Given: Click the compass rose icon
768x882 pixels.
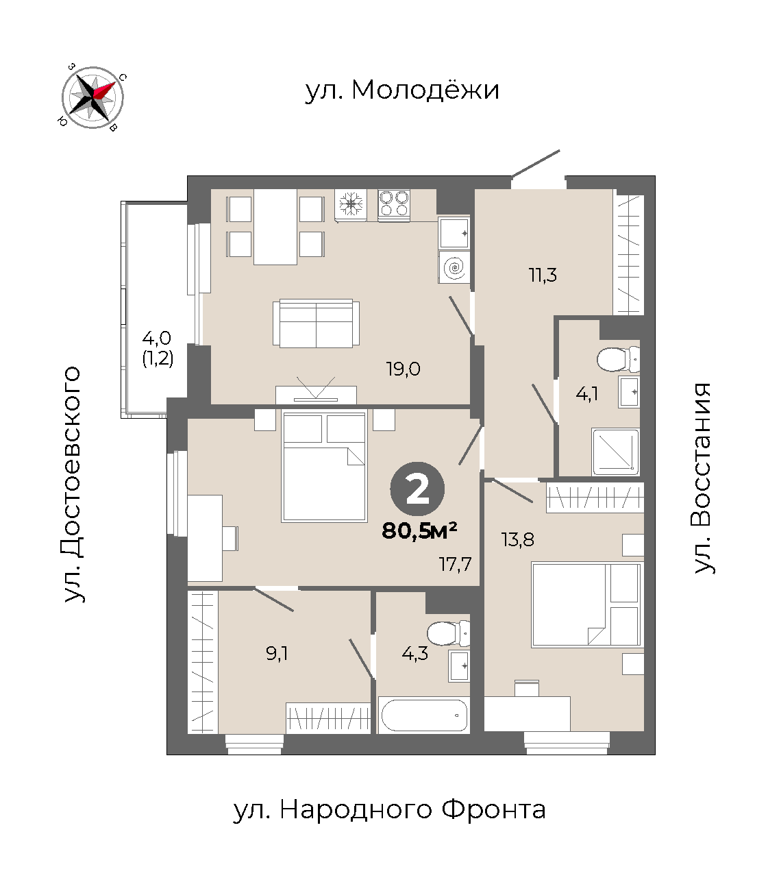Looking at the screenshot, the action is tap(92, 97).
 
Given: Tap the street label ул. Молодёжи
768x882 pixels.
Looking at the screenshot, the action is tap(402, 90).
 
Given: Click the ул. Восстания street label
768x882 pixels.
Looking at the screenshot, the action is tap(701, 478).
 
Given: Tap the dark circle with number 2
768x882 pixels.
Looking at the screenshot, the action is tap(417, 489).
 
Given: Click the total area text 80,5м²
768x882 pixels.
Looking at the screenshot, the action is tap(419, 530).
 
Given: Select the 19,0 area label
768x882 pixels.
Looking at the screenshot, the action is tap(403, 369).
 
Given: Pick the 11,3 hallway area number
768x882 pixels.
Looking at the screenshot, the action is tap(543, 275).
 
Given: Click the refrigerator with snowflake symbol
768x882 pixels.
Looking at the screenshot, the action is tap(351, 205).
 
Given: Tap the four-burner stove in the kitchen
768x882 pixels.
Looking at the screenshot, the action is tap(394, 205).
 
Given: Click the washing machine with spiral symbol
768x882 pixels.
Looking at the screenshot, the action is tap(454, 267).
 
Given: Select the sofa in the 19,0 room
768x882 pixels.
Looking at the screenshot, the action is tap(316, 323).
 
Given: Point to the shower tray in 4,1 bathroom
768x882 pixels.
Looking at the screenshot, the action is tap(615, 452).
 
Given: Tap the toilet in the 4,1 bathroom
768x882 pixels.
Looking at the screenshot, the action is tap(619, 358).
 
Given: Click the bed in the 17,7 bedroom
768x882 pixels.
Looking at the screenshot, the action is tap(324, 466).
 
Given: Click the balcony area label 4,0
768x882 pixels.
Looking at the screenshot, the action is tap(157, 338).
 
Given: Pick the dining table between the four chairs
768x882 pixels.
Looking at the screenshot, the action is tap(275, 227).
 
